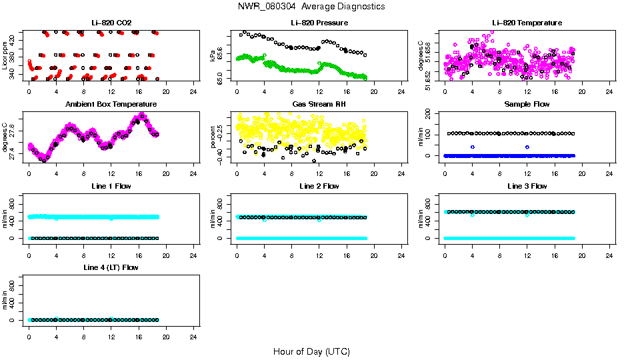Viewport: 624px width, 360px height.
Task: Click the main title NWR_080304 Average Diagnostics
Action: pos(311,7)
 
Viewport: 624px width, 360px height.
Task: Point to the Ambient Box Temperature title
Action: pos(111,105)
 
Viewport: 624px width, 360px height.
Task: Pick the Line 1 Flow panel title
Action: pos(111,186)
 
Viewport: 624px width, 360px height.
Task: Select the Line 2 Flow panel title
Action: pos(319,186)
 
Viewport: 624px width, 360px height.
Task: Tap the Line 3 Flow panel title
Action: pos(527,186)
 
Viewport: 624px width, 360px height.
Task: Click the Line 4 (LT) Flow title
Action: pos(111,267)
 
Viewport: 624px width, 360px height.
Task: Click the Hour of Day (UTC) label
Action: pos(311,351)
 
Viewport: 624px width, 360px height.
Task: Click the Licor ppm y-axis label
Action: pos(5,56)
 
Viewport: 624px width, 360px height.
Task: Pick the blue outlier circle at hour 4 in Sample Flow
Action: pos(473,147)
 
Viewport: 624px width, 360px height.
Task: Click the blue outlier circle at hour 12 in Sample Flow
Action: pos(527,147)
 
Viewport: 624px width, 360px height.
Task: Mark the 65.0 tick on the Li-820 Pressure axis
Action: pos(221,79)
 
